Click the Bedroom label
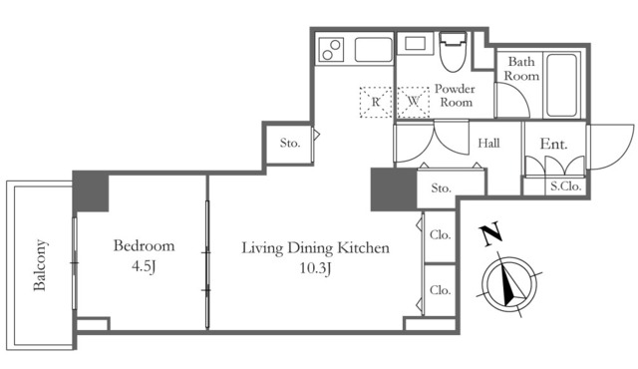point(144,245)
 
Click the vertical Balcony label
point(41,263)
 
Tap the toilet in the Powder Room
point(454,52)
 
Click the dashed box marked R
point(376,101)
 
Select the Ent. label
point(553,145)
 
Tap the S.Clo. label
point(566,185)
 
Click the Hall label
point(488,144)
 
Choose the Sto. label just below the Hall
point(442,187)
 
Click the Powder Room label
point(455,96)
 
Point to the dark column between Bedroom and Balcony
point(90,191)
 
